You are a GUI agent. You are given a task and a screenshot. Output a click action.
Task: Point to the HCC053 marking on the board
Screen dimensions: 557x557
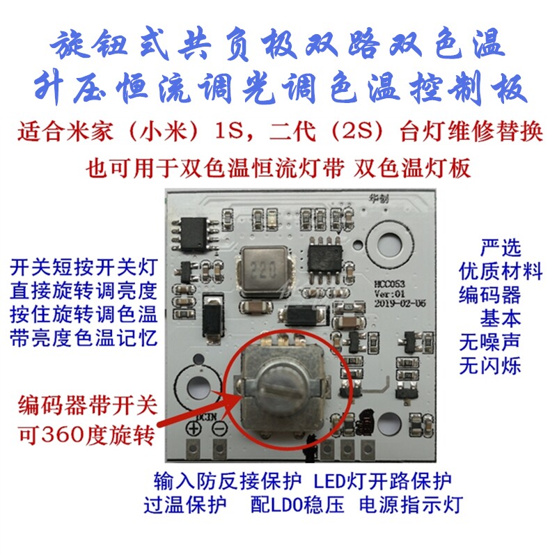[x=390, y=285]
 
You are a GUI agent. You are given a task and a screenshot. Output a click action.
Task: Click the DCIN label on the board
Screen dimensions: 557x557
[x=206, y=417]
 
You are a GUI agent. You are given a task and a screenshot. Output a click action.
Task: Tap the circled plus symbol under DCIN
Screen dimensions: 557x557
[x=194, y=427]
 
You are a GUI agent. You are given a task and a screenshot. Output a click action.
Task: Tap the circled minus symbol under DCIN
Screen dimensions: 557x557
[x=219, y=427]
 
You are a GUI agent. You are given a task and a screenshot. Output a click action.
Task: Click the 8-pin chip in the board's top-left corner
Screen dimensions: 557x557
[x=194, y=235]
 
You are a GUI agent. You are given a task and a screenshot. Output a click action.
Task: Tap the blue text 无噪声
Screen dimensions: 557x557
[x=489, y=341]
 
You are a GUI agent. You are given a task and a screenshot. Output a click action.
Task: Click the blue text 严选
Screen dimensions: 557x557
[x=501, y=247]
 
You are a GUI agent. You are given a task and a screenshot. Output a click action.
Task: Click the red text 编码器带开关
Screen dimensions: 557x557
[x=88, y=405]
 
